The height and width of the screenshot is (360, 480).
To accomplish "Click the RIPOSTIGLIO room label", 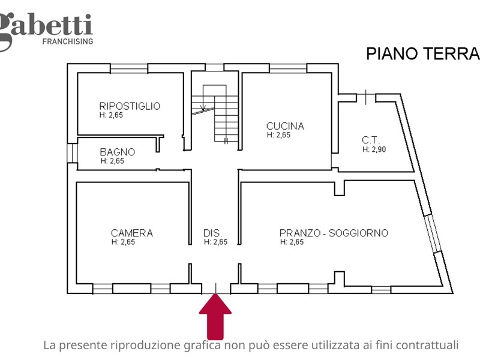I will (130, 106).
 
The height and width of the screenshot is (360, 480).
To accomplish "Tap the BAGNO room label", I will (117, 152).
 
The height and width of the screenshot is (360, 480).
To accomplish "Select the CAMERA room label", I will (131, 233).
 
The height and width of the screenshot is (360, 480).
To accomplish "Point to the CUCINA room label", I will (285, 126).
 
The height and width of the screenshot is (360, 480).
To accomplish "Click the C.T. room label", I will (370, 140).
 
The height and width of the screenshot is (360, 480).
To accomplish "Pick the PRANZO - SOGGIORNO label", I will (334, 233).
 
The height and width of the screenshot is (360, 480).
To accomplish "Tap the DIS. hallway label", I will (213, 233).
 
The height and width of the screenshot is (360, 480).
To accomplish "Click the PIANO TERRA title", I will (423, 54).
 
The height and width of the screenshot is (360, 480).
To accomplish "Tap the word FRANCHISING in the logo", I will (67, 41).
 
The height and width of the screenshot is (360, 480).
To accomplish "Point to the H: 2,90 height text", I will (374, 149).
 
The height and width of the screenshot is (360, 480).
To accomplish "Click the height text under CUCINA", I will (279, 135).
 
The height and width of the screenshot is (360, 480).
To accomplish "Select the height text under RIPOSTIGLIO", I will (112, 115).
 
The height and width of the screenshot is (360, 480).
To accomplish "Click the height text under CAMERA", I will (123, 242).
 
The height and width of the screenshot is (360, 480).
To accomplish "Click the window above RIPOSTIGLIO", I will (129, 68).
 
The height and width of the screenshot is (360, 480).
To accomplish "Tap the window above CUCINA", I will (287, 68).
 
